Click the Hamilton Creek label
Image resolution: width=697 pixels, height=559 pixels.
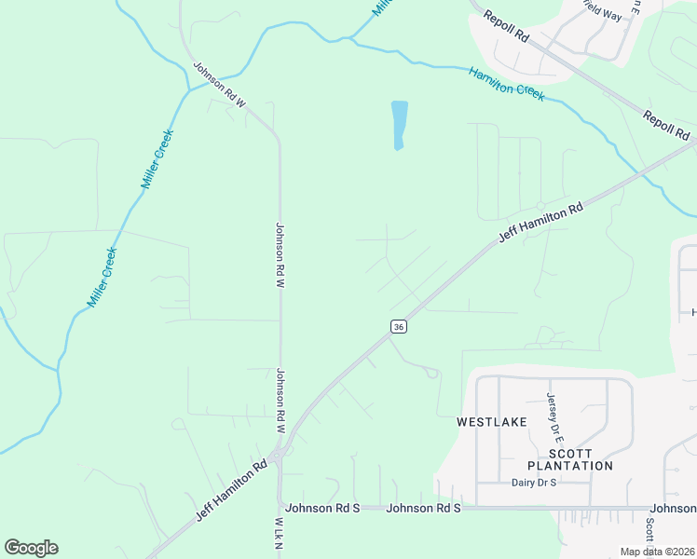coord(506,84)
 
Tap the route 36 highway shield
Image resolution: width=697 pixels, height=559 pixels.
coord(399,326)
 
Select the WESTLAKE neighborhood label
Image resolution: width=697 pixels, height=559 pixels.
coord(491,422)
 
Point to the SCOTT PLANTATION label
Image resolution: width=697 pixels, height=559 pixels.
coord(569,458)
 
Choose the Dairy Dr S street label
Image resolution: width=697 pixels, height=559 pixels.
coord(534,483)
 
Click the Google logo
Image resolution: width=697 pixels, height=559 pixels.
coord(31,548)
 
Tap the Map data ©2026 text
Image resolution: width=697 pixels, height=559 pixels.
coord(656,552)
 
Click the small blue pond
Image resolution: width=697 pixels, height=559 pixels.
coord(399,124)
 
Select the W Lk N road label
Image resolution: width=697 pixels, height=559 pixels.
coord(279,536)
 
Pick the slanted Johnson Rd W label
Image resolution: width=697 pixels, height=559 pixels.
coord(219,85)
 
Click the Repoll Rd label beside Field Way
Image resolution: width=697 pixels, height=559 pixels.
coord(507,25)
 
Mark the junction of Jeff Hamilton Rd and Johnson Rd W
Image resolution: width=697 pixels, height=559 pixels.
coord(280,454)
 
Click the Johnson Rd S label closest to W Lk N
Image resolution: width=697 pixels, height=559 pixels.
coord(322,508)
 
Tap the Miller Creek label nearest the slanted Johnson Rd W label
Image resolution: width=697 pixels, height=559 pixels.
coord(157,160)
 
